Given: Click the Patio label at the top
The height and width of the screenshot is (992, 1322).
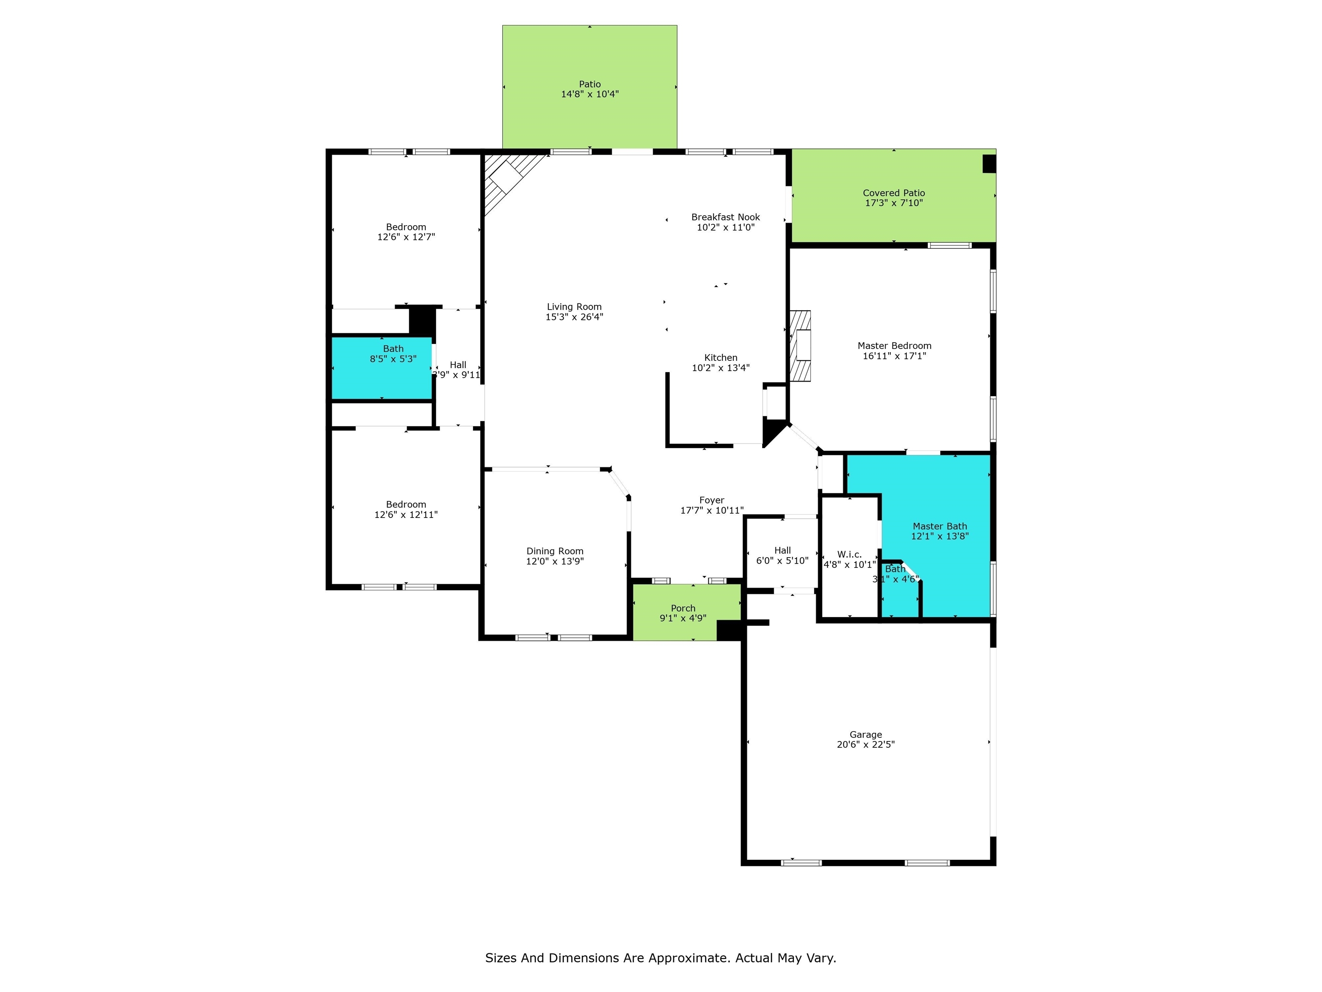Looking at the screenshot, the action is [589, 84].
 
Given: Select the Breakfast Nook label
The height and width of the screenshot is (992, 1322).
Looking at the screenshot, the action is [726, 217].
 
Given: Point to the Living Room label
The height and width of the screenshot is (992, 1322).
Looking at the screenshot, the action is [574, 307].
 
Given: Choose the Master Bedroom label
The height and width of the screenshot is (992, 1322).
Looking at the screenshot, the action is [894, 346].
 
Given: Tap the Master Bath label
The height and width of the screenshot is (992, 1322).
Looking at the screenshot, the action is [939, 526].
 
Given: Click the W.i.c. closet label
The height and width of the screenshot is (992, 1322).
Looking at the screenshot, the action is [849, 554].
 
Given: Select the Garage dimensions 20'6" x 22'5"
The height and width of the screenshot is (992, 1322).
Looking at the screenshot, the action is [865, 744].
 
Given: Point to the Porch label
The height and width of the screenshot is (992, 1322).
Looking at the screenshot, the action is [683, 608].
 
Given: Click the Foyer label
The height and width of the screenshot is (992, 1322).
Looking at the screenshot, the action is [711, 500].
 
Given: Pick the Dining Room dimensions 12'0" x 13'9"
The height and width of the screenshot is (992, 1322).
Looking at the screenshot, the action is [555, 561].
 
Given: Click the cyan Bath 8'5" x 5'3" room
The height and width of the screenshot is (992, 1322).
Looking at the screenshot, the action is [382, 368].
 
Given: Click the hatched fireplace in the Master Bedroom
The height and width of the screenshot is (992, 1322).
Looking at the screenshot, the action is [801, 346].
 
